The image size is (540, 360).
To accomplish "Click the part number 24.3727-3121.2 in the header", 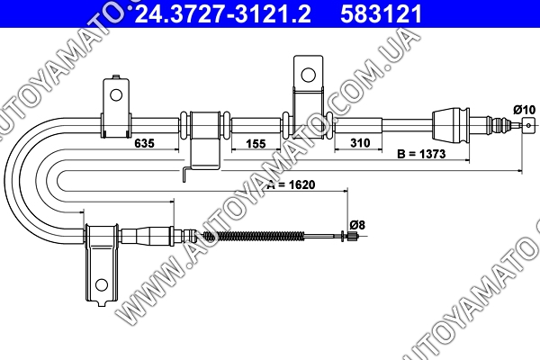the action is (222, 14).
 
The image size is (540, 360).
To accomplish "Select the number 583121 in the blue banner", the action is (382, 14).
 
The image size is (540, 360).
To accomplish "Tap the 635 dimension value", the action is (144, 143).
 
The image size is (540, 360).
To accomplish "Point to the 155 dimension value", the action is (256, 143).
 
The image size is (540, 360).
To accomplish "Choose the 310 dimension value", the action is (360, 142).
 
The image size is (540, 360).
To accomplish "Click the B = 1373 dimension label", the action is (421, 154).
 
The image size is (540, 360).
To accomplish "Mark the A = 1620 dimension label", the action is (292, 184).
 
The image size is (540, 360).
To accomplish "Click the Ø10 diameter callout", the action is (524, 110).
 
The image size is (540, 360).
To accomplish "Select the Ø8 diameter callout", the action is (357, 225).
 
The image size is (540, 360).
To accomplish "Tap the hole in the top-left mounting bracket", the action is (116, 94).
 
